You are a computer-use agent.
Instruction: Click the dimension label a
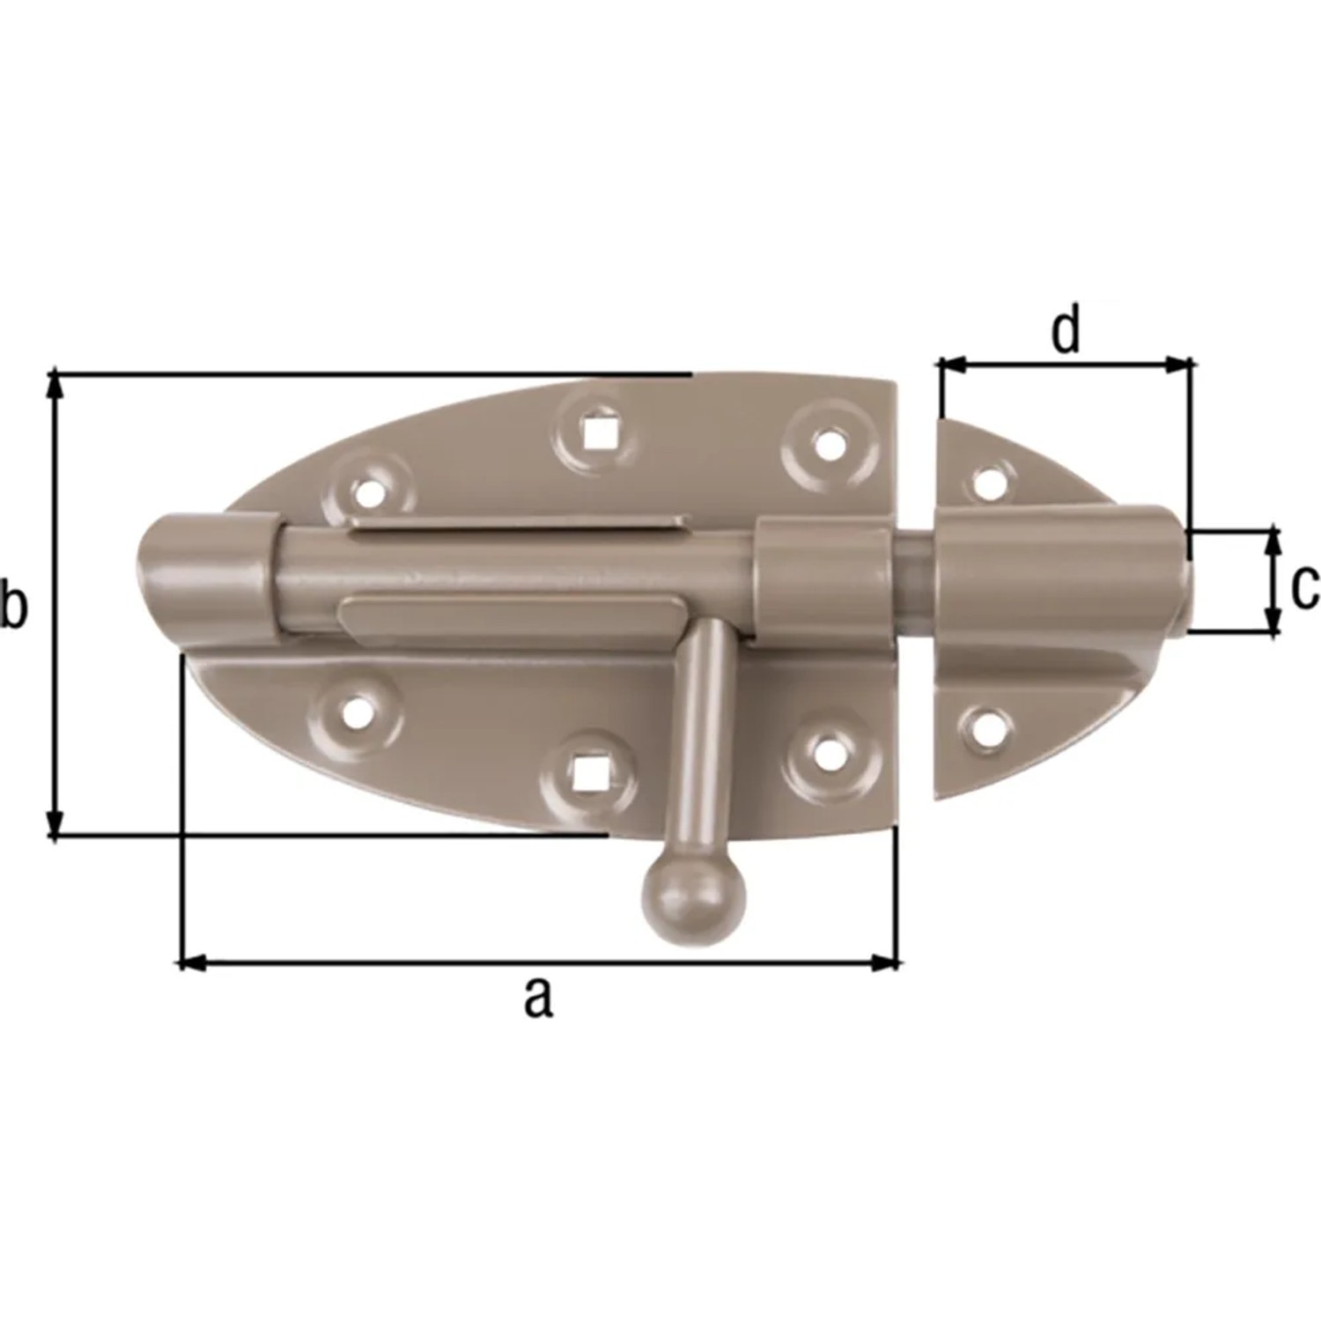tap(538, 999)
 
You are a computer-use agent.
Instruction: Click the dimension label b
tap(12, 606)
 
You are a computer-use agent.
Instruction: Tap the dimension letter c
tap(1304, 587)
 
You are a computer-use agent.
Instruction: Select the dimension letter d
tap(1066, 331)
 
